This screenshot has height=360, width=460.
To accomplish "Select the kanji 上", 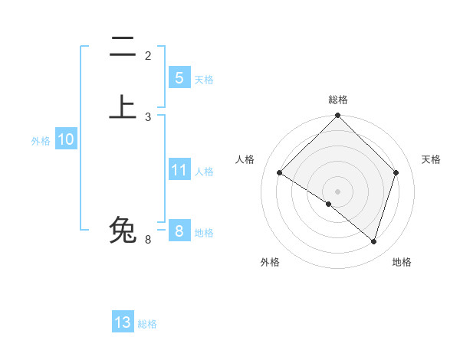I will tap(123, 106).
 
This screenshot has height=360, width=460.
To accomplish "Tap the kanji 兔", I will tap(123, 229).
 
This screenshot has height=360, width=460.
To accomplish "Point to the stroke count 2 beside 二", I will tap(148, 56).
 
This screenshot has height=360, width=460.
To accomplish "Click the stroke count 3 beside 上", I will tap(148, 116).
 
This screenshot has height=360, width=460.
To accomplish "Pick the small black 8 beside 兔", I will tap(148, 240).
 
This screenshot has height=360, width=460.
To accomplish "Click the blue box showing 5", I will tap(179, 77).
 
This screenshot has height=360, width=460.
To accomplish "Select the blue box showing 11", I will tap(179, 170).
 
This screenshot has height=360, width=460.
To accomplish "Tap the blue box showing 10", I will tap(65, 139).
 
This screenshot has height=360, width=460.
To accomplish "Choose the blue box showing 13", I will tap(123, 322).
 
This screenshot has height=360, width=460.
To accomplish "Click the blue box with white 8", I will tap(179, 231).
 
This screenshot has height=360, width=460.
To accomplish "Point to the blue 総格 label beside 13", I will tap(147, 324).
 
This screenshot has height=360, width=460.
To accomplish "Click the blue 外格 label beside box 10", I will tap(41, 141).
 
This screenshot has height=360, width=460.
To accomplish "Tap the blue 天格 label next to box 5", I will tap(203, 79).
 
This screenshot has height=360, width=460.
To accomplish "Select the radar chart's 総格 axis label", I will tap(337, 100).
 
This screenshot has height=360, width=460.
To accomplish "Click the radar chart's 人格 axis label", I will tap(245, 159).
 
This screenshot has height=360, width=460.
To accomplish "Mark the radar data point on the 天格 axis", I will tap(396, 173).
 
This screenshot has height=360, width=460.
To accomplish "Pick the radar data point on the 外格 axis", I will tap(329, 204).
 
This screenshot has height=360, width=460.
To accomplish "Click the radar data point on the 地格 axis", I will tap(373, 241).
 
